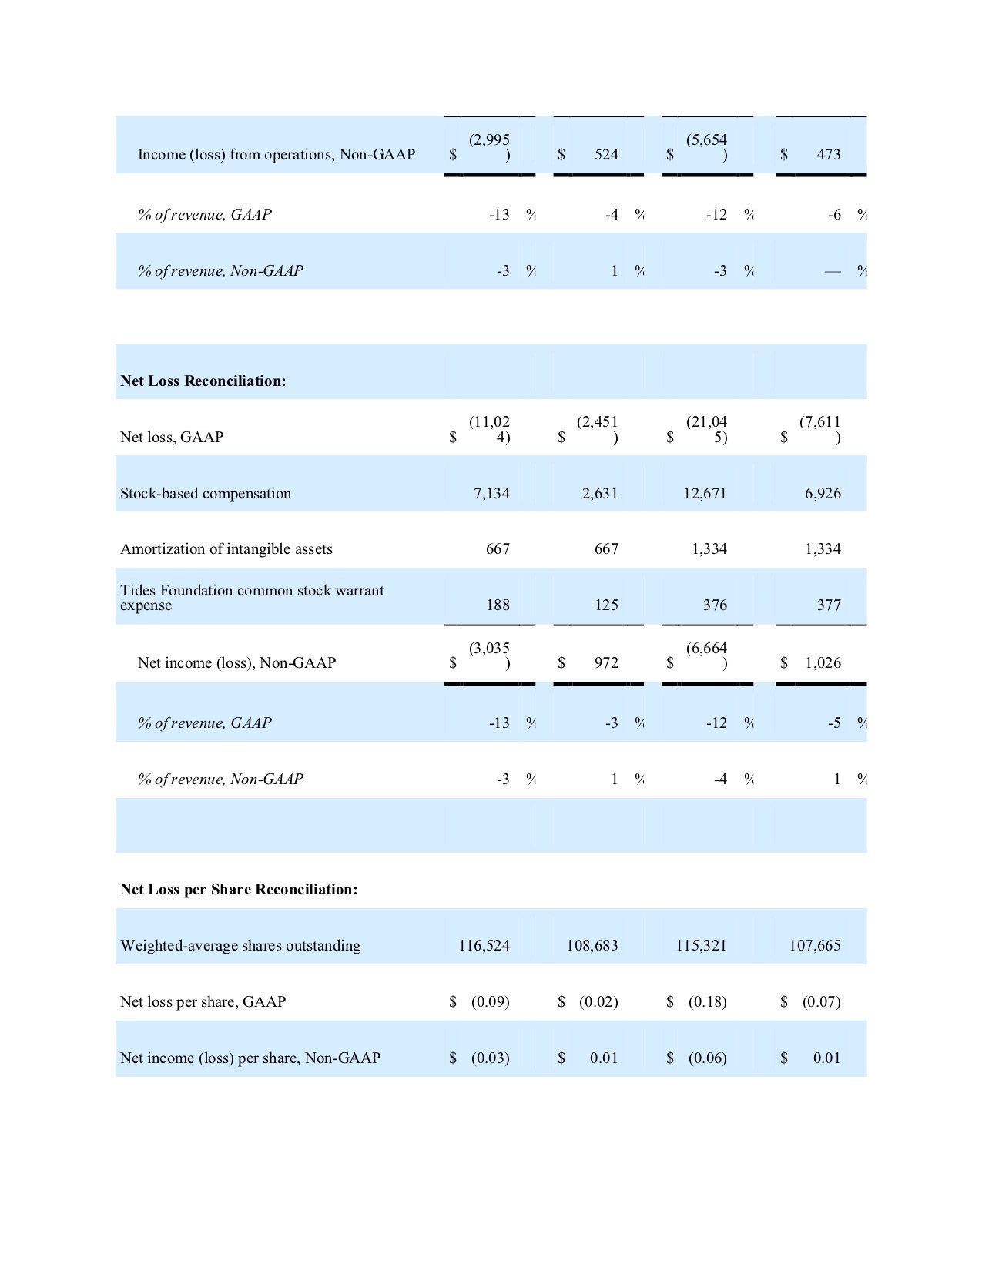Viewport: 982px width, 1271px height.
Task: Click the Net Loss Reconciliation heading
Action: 203,381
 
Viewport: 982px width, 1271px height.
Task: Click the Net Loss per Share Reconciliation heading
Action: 239,890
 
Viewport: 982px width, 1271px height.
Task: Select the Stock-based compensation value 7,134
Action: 491,494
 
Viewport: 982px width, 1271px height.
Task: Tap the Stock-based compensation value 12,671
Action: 705,494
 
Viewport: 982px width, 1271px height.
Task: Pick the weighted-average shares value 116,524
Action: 484,946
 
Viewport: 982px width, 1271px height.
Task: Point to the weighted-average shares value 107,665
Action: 814,946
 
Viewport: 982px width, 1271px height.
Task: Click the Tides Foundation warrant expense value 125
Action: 606,605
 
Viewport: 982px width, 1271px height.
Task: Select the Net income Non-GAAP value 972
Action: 606,663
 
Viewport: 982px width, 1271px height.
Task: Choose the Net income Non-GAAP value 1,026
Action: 823,663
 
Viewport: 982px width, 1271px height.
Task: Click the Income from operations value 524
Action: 606,155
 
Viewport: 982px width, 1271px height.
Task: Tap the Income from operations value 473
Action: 828,155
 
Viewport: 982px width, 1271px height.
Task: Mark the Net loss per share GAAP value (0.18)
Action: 707,1002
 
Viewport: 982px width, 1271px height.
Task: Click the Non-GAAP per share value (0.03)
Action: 490,1058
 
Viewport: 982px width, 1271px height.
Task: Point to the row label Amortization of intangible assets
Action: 226,549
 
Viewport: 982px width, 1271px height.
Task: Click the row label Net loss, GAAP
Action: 172,438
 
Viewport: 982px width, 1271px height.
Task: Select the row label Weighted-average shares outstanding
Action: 240,946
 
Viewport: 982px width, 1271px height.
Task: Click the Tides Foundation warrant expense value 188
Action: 498,605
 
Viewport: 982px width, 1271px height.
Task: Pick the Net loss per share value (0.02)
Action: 598,1002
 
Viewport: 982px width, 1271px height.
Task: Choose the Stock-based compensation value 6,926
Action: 823,494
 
